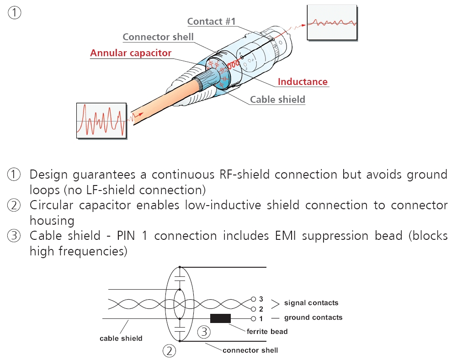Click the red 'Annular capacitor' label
click(131, 53)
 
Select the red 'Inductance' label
click(303, 82)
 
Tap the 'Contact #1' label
click(211, 21)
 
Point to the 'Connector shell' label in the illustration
click(158, 37)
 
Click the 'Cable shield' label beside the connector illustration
click(277, 99)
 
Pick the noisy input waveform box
click(101, 120)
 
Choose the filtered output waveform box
click(332, 22)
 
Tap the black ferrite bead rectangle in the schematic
click(220, 318)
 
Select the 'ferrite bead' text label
click(267, 331)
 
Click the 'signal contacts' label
click(311, 303)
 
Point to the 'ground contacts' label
click(313, 318)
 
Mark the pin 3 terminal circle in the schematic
click(254, 299)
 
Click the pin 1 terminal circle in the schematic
click(254, 318)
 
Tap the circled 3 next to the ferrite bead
click(204, 332)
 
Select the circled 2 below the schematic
click(170, 351)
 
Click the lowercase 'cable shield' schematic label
click(121, 339)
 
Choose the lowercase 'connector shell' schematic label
click(250, 350)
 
